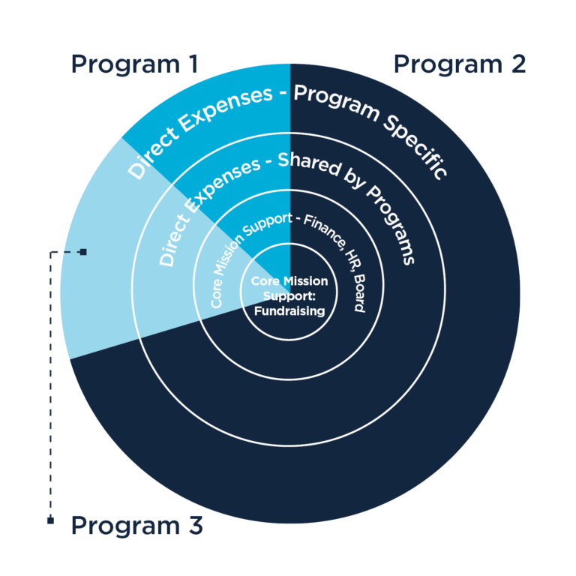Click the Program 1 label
pos(135,65)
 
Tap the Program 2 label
pos(460,65)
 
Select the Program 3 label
pos(137,526)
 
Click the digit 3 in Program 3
pos(196,524)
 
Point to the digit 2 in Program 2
pos(518,64)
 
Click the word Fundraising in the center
pos(289,311)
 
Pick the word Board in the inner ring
pos(359,293)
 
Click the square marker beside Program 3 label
pos(51,520)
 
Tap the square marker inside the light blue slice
pos(83,252)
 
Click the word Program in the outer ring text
pos(336,102)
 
